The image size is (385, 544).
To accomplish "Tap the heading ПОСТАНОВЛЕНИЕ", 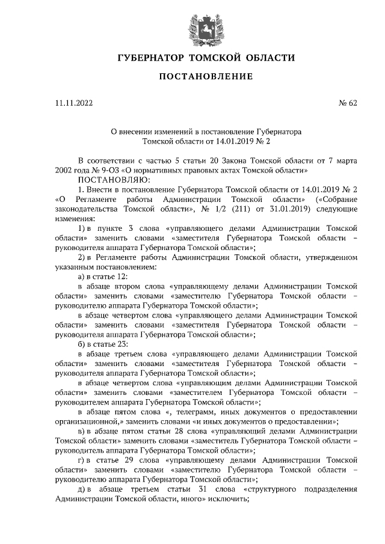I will pos(192,77).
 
